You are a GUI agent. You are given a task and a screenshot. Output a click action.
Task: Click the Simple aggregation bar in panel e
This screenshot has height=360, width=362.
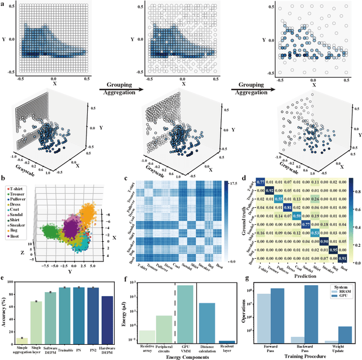[x=23, y=340]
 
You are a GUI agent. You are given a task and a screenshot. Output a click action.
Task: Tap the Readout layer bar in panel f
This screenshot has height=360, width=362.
[x=227, y=341]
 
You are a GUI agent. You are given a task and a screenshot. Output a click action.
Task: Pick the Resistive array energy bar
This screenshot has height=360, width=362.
[x=148, y=336]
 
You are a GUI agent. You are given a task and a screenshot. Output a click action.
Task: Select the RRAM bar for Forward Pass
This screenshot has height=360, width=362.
[x=264, y=318]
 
